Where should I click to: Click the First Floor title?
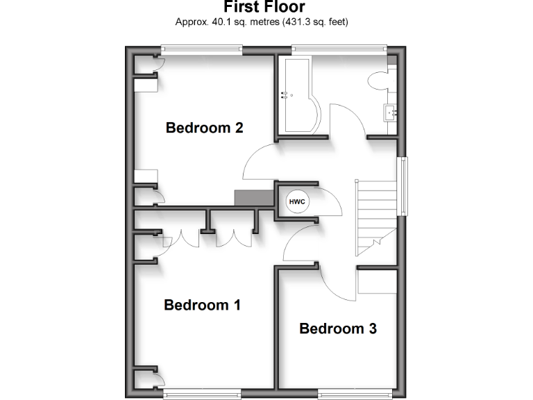[x=264, y=8]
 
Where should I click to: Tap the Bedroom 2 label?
[x=204, y=128]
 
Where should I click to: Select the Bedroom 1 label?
[x=202, y=305]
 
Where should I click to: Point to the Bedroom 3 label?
[x=338, y=328]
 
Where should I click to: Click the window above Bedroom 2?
[x=202, y=49]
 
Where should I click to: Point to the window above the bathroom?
[x=339, y=49]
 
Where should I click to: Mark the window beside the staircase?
[x=402, y=186]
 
